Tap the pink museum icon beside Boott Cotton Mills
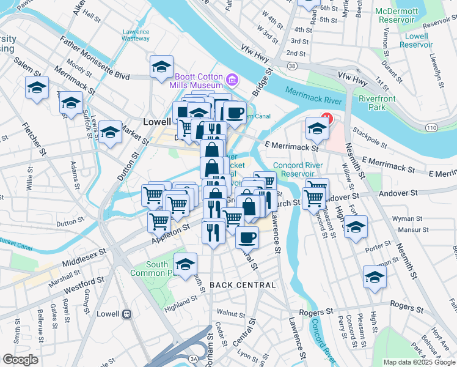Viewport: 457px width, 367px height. tap(232, 80)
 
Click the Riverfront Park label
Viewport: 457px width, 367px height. tap(377, 103)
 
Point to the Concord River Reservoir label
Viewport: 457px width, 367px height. tap(293, 169)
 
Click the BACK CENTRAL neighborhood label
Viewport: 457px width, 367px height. tap(243, 285)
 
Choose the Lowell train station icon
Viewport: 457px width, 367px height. tap(126, 314)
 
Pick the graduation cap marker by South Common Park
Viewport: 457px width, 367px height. tap(185, 264)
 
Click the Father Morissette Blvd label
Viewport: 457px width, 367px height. tap(95, 59)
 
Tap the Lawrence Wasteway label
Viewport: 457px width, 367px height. tap(135, 35)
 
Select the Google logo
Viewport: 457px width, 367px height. tap(20, 360)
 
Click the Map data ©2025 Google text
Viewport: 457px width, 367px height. tap(419, 362)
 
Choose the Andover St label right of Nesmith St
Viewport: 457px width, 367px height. tap(398, 193)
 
